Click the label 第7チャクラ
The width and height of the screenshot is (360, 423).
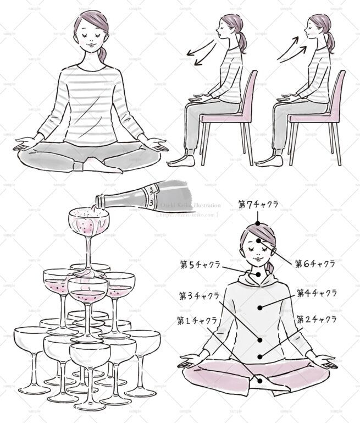(x=258, y=205)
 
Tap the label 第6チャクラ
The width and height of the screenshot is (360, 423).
(x=314, y=263)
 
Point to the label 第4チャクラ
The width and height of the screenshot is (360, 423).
(x=317, y=293)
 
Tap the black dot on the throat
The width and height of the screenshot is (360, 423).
(x=257, y=274)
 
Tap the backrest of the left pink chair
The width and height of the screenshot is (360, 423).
(x=250, y=93)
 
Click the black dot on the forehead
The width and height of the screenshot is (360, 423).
(x=257, y=241)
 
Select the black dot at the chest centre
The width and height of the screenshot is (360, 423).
(x=261, y=306)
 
